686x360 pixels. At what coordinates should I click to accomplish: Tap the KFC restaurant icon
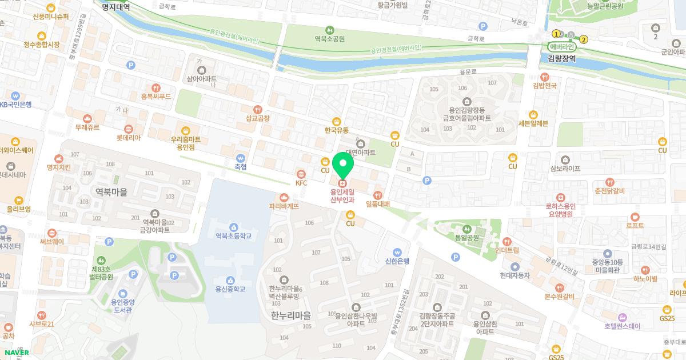point(301,174)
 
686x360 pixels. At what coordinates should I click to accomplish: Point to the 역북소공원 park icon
point(329,30)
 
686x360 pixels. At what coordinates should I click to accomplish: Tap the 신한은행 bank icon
point(398,252)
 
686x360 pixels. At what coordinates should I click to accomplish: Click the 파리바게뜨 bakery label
point(284,206)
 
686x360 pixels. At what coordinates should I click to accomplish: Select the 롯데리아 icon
point(129,129)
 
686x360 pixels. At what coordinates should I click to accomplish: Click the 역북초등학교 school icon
point(233,227)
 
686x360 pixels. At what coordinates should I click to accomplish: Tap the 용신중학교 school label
point(230,289)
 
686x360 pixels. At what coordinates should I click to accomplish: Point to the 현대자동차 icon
point(515,266)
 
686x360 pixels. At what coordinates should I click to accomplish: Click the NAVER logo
point(16,353)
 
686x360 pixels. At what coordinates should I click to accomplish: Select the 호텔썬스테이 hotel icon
point(623,317)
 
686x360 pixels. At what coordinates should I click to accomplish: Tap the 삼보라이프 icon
point(565,159)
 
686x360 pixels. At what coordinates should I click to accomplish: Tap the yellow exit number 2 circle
point(584,39)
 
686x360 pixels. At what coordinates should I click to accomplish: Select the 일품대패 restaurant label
point(378,204)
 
